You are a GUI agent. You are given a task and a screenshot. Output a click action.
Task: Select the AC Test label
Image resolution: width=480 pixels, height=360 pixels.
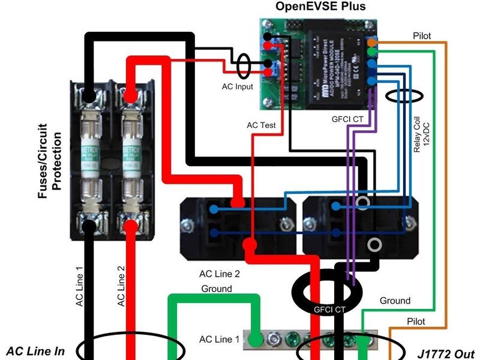(261, 125)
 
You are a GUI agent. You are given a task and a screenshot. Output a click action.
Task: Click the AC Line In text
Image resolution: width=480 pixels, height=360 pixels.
(35, 351)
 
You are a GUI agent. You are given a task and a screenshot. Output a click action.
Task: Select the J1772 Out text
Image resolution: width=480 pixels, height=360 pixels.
(443, 352)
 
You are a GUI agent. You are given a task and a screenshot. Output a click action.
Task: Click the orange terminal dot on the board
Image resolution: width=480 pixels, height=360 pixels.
(372, 43)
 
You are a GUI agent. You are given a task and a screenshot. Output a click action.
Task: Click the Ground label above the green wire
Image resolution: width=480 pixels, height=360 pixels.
(216, 289)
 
